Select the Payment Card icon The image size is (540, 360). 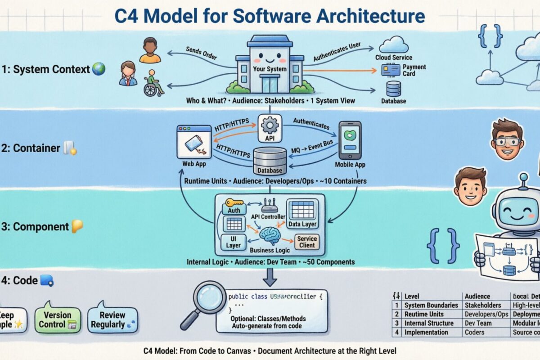tap(391, 70)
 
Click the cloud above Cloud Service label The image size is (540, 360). tap(393, 45)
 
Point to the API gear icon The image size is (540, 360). tap(270, 126)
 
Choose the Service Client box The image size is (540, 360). tap(307, 242)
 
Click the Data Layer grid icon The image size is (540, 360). tap(302, 210)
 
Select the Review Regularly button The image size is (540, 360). tap(112, 319)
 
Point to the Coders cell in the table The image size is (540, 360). tap(475, 332)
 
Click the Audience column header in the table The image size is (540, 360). tap(477, 296)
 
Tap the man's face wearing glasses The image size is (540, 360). tap(506, 139)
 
